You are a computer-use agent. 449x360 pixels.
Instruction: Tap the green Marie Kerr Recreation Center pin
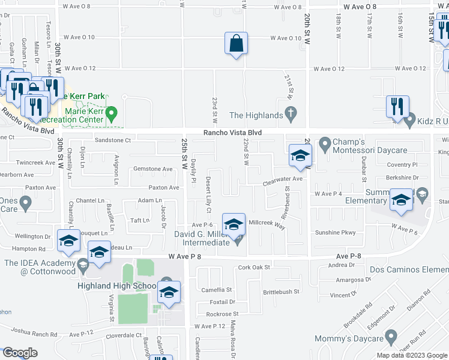point(111,113)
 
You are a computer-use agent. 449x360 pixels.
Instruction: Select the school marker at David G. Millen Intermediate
point(234,225)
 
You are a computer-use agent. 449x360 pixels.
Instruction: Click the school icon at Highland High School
point(169,293)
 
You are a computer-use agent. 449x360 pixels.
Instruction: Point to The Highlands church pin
point(291,113)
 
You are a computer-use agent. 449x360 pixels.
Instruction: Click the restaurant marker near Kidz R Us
point(397,107)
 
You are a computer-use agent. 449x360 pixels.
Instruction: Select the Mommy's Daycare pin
point(391,337)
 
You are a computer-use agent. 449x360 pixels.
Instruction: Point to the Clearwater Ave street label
point(285,178)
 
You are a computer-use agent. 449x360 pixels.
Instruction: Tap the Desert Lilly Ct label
point(208,195)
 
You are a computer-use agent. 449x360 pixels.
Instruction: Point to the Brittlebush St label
point(280,292)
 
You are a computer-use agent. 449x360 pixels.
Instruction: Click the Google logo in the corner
point(20,353)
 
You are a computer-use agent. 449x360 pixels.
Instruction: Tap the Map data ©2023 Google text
point(411,355)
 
